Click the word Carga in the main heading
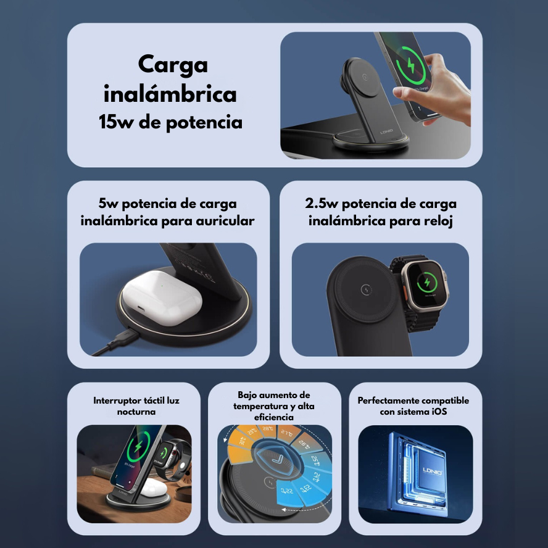pyautogui.click(x=173, y=65)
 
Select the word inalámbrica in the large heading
pyautogui.click(x=170, y=94)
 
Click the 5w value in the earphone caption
pyautogui.click(x=109, y=203)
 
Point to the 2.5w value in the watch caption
pyautogui.click(x=321, y=203)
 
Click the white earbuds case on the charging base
pyautogui.click(x=162, y=297)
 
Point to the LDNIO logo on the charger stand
pyautogui.click(x=386, y=132)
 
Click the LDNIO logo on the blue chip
pyautogui.click(x=433, y=471)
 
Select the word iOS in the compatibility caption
pyautogui.click(x=439, y=412)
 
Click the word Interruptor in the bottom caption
pyautogui.click(x=117, y=401)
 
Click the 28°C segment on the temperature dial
pyautogui.click(x=268, y=430)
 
